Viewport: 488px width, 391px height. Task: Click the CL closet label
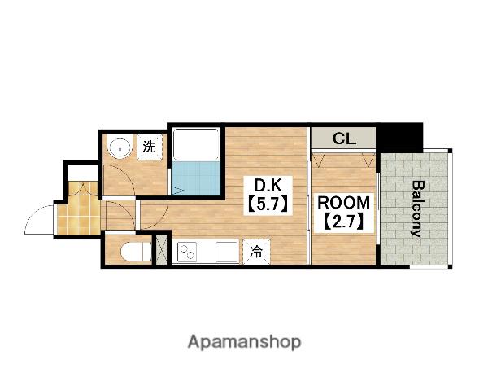(x=344, y=138)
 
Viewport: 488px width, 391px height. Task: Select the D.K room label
(x=268, y=187)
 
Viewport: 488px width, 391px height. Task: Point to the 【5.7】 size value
(x=268, y=204)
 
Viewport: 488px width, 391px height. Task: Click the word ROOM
(x=343, y=203)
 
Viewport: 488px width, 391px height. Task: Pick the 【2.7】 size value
(x=343, y=222)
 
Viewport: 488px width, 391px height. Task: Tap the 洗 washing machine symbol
(x=150, y=147)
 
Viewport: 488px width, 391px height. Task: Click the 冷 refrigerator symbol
(x=256, y=252)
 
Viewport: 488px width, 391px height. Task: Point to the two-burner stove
(x=187, y=252)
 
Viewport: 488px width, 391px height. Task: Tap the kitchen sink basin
(x=227, y=252)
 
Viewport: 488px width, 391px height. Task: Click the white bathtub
(x=196, y=144)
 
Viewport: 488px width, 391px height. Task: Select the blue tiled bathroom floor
(x=196, y=178)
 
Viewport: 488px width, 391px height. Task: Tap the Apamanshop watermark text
(x=244, y=342)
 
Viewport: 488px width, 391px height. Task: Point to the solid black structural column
(x=399, y=137)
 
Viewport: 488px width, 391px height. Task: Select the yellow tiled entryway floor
(x=80, y=209)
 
